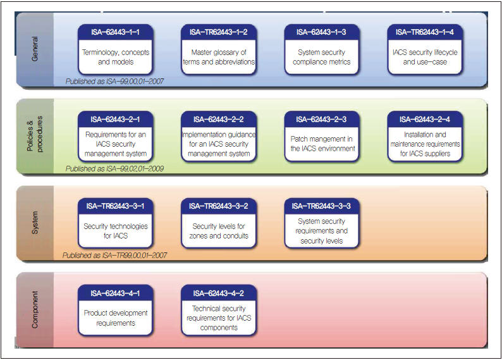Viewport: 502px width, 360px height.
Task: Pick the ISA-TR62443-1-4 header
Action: pos(426,32)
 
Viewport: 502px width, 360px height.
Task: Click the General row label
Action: pos(35,49)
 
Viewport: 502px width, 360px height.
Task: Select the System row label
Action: pos(35,224)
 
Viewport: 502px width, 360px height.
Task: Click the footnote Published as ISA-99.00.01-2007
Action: pos(115,81)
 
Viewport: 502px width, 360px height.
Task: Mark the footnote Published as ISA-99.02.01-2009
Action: pos(115,168)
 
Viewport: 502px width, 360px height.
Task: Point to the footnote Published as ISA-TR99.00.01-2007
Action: pos(115,255)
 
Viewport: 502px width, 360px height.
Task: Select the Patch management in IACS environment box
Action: pos(322,144)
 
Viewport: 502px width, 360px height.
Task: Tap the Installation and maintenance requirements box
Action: pos(426,144)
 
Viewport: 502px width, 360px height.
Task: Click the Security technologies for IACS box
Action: pos(115,231)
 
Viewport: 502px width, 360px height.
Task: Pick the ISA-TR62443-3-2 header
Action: pos(219,206)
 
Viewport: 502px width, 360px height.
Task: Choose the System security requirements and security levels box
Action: pos(322,231)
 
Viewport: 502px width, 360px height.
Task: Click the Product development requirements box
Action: pos(115,318)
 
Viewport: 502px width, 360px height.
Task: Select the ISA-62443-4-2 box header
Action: pos(219,293)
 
